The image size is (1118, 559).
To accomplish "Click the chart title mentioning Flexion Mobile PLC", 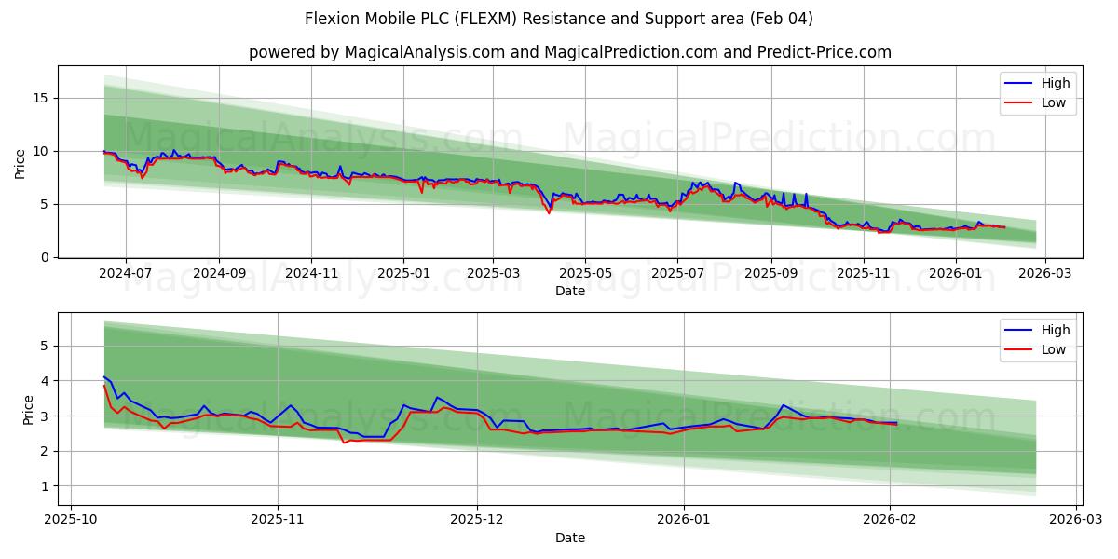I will (559, 19).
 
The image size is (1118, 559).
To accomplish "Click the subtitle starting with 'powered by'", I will (569, 52).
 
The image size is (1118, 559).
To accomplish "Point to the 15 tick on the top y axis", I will (43, 98).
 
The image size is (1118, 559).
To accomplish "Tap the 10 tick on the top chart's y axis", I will (43, 151).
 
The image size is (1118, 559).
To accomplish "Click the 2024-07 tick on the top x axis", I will (125, 273).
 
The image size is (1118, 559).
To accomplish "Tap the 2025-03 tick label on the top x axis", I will (494, 273).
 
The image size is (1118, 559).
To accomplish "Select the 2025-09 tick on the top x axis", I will (770, 273).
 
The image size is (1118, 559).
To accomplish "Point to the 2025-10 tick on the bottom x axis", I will (71, 520).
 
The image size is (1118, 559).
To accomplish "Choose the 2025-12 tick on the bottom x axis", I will (477, 520).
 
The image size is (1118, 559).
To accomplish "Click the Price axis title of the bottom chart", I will (27, 409).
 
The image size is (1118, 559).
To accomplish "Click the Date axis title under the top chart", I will (569, 291).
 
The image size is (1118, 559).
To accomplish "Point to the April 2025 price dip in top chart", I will (549, 211).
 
